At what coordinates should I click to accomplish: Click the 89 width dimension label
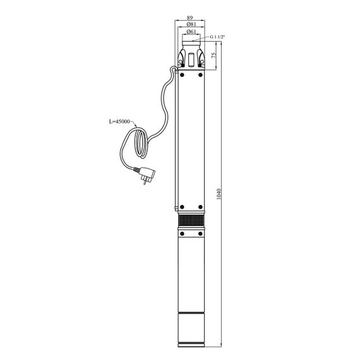click(x=189, y=18)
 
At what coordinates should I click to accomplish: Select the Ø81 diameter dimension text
click(x=191, y=25)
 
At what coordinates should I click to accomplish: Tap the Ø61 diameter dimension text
click(x=191, y=32)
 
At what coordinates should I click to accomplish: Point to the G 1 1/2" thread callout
click(x=217, y=37)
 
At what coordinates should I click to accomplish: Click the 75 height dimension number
click(x=213, y=55)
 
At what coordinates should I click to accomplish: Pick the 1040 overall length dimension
click(x=219, y=194)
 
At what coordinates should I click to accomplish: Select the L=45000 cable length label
click(x=119, y=121)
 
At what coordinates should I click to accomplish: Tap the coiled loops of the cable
click(x=140, y=143)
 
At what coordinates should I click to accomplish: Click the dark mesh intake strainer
click(x=191, y=221)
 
